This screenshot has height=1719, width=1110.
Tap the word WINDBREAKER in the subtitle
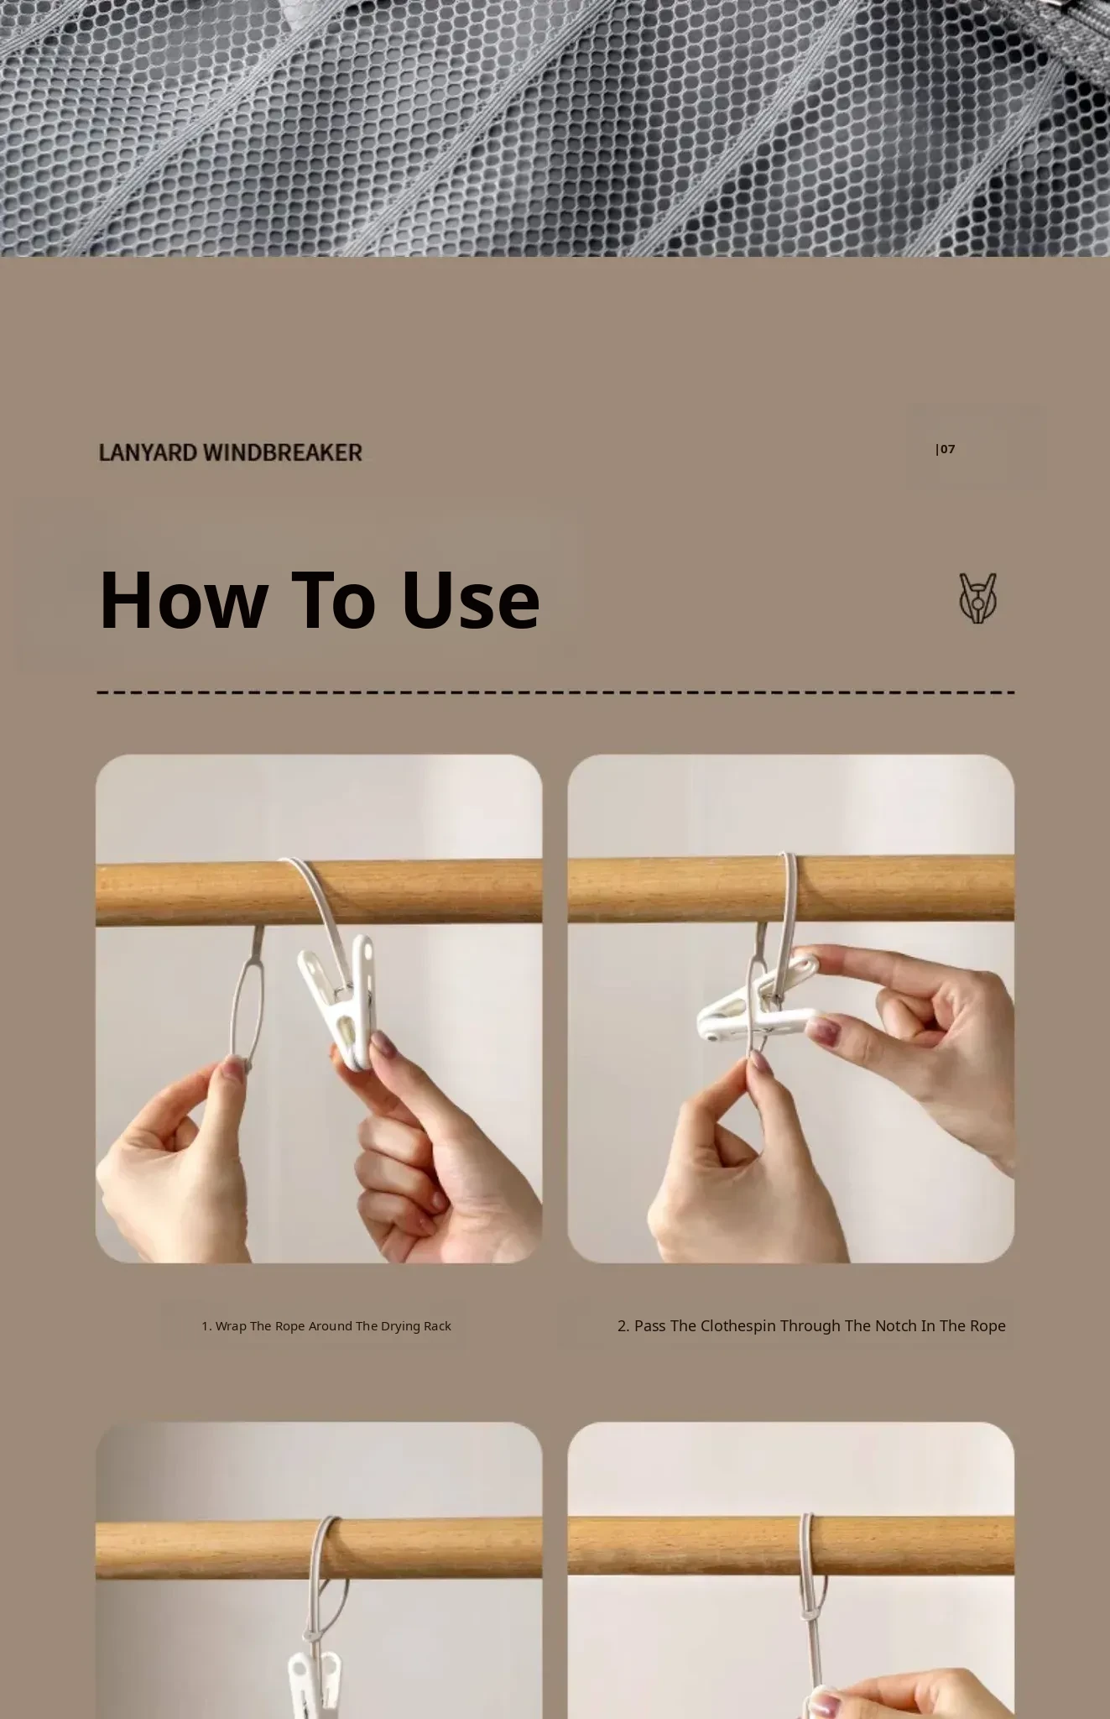(284, 452)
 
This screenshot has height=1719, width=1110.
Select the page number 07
(947, 449)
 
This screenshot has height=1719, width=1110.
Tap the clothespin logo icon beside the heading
(978, 598)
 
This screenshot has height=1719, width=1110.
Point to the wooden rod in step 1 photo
(319, 892)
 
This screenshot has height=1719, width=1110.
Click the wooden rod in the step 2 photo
(790, 888)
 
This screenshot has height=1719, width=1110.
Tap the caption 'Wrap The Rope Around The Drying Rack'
(326, 1326)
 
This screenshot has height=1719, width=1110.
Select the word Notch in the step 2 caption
(896, 1326)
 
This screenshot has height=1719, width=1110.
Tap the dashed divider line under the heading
(555, 693)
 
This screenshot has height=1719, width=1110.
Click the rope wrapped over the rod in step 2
(789, 887)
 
